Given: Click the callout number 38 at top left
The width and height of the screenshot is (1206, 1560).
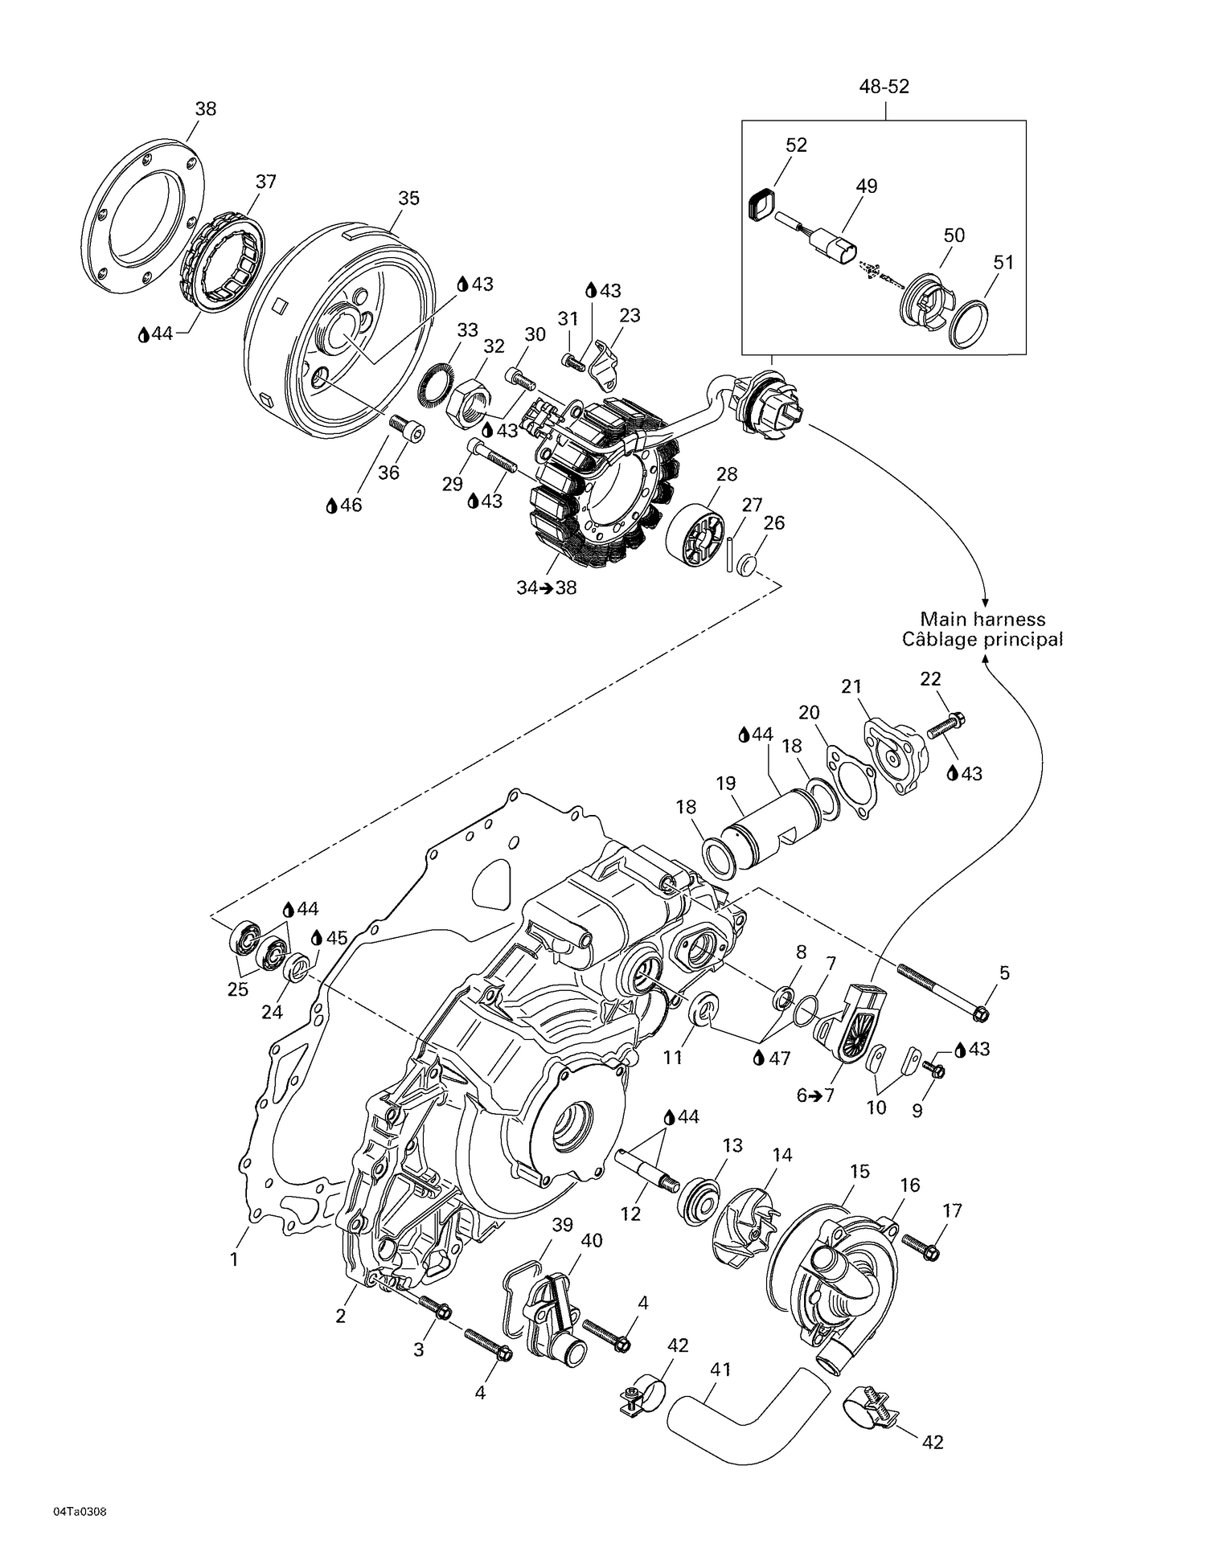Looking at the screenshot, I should (206, 109).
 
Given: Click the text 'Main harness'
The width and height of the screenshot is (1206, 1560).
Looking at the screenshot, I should (982, 619).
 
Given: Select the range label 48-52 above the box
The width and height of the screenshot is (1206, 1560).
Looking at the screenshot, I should (884, 87).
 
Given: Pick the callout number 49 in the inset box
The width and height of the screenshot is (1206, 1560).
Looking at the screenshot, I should (866, 186).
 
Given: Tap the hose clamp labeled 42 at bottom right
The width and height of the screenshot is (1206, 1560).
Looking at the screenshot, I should (864, 1415).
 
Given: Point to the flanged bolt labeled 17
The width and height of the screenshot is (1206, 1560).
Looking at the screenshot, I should (921, 1247).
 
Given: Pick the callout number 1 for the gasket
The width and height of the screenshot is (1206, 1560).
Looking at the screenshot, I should (234, 1259).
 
